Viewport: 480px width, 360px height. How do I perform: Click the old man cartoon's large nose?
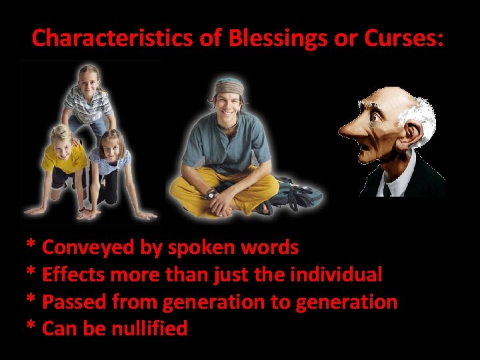[x=353, y=131]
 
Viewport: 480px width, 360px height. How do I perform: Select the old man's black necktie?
[x=388, y=189]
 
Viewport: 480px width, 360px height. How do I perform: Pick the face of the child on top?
[x=89, y=78]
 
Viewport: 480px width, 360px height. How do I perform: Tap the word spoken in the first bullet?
[x=197, y=247]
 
